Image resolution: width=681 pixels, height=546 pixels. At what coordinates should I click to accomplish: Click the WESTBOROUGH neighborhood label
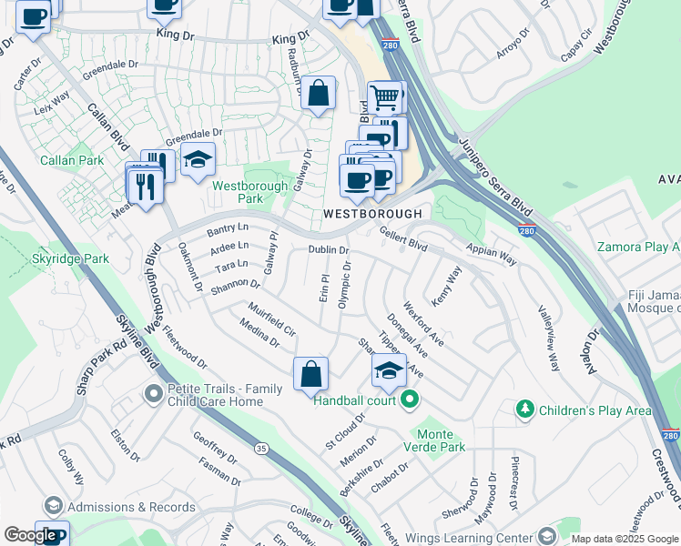373,213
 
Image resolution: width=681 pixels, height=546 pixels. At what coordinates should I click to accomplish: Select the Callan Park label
72,160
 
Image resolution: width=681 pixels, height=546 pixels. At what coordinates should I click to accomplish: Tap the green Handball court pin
410,399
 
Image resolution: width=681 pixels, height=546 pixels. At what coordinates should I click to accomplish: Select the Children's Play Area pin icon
524,410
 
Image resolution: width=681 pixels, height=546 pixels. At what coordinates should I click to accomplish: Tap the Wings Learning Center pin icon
546,535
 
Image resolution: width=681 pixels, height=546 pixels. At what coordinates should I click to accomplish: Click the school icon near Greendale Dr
198,160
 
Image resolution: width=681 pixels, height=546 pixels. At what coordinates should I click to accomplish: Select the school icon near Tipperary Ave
389,370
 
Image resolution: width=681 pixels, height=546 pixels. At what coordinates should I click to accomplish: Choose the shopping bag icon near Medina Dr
310,372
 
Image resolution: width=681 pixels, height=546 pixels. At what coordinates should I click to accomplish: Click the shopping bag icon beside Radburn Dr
318,93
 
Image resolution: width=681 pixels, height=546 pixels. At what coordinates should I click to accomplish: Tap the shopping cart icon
386,96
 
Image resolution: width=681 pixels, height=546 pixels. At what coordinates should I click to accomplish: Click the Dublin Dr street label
328,249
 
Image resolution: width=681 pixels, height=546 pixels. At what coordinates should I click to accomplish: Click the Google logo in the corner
30,535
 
